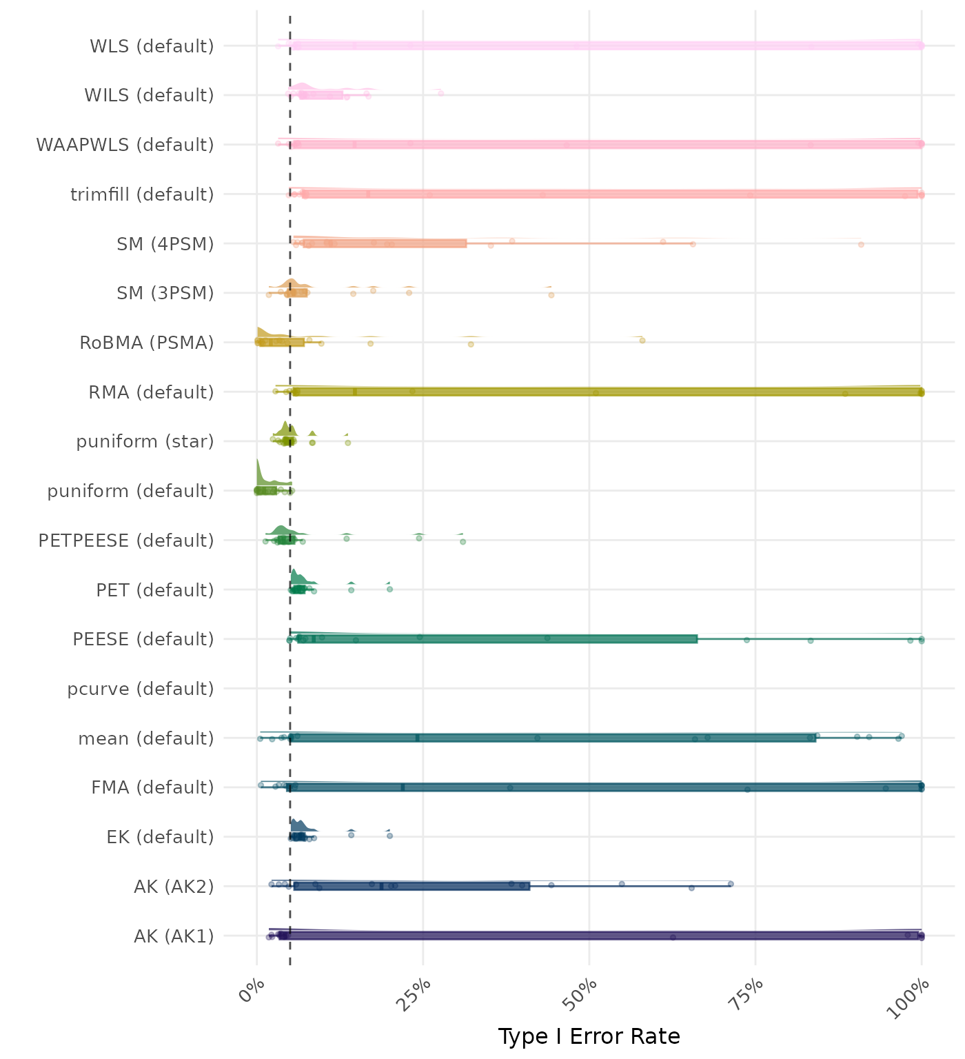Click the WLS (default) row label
152,46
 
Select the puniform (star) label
145,441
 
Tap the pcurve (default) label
141,689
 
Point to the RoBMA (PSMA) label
147,343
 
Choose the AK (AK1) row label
174,936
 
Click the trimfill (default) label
142,194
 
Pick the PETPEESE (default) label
126,541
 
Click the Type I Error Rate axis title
589,1036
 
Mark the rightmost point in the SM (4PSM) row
861,244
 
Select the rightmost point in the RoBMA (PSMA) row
642,340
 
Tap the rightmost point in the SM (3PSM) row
551,295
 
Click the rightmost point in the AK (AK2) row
731,883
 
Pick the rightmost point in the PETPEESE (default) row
463,541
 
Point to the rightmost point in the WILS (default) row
441,93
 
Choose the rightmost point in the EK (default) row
390,836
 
